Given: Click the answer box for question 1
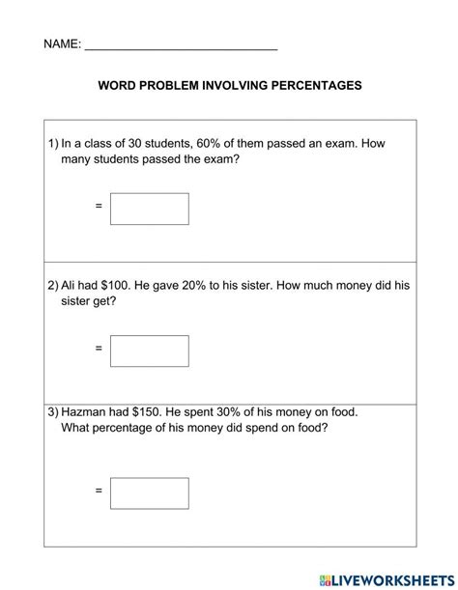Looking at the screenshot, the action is (149, 209).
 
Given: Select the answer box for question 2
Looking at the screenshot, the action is (149, 351).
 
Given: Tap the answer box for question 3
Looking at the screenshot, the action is (149, 493).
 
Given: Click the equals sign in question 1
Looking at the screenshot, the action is (99, 207).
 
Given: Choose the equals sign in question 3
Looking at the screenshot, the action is (99, 492).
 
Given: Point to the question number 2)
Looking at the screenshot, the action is (53, 286).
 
